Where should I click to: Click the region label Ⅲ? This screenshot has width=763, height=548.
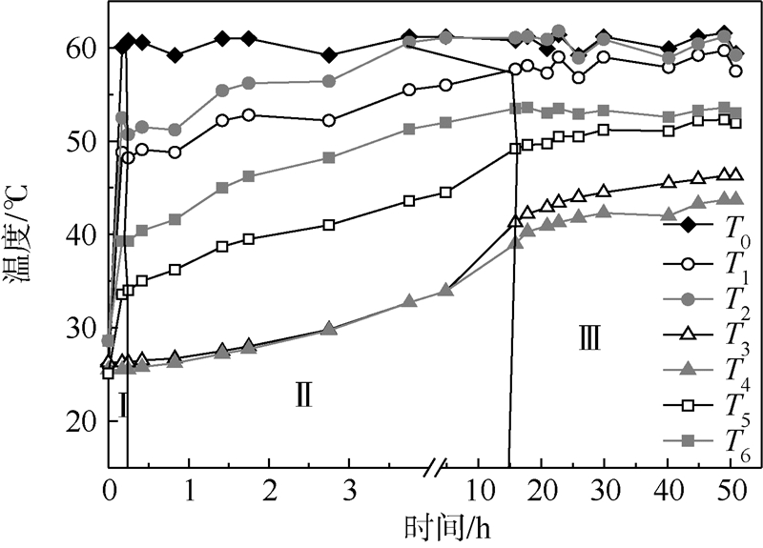(x=588, y=337)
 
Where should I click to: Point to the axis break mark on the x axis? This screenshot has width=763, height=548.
(x=436, y=468)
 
